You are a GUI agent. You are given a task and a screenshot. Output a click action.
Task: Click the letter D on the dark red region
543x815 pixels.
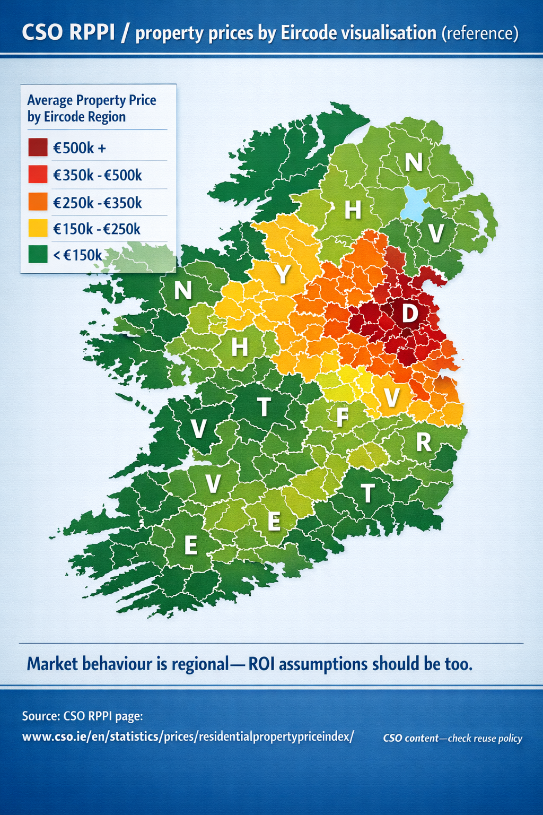(x=409, y=313)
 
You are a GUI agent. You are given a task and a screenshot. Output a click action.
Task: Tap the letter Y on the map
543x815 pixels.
(x=283, y=274)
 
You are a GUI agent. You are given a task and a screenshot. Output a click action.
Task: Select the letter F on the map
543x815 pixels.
(x=343, y=417)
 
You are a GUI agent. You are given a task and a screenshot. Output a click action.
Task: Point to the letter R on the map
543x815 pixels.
(x=423, y=441)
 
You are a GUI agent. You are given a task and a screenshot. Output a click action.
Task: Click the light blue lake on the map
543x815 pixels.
(x=415, y=204)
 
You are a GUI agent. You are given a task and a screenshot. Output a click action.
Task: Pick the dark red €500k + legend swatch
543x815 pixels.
(x=38, y=148)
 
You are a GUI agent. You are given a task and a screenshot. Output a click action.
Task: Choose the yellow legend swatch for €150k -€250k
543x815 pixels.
(x=38, y=229)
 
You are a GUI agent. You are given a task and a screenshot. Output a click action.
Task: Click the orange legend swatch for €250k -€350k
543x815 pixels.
(x=38, y=202)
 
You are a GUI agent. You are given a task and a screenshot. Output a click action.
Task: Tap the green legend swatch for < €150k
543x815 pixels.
(x=38, y=255)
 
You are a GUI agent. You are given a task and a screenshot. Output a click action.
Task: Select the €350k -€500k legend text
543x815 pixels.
(x=98, y=175)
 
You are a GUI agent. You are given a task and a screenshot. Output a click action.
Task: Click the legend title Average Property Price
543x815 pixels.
(x=92, y=100)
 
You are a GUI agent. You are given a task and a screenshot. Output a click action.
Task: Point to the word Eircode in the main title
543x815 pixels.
(x=305, y=33)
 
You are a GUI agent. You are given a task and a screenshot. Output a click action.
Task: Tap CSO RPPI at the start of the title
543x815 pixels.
(x=68, y=33)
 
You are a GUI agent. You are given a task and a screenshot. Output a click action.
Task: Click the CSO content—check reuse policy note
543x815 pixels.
(x=452, y=738)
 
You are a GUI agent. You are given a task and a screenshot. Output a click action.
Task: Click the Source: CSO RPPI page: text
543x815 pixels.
(x=82, y=716)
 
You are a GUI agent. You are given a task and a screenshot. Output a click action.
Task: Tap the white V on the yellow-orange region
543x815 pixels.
(x=391, y=397)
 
